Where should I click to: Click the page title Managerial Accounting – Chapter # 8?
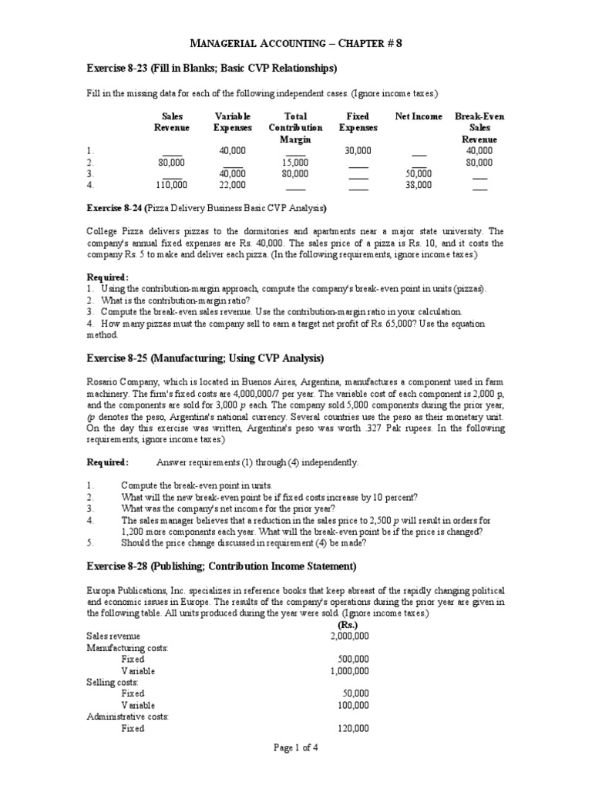point(296,44)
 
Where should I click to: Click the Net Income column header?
point(419,116)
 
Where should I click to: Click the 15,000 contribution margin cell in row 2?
point(296,163)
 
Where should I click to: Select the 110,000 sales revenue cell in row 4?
point(171,185)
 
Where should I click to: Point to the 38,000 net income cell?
point(419,185)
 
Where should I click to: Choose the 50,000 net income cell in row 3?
point(419,174)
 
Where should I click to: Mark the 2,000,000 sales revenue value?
point(349,636)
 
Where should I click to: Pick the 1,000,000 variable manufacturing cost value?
point(349,670)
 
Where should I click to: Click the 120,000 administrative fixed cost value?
point(353,728)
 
